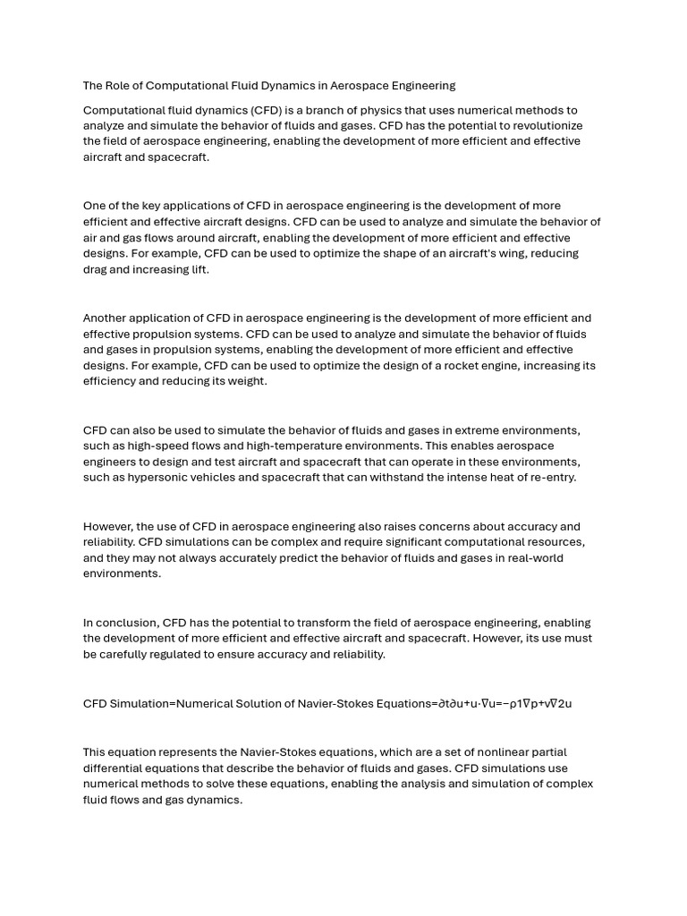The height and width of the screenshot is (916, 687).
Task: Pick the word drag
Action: [96, 270]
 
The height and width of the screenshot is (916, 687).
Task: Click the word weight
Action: [247, 382]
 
